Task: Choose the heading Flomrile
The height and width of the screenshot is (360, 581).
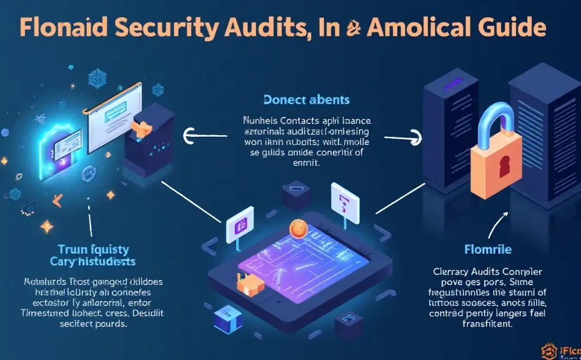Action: [x=488, y=249]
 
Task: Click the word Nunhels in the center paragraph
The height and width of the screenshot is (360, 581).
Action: [x=261, y=119]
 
